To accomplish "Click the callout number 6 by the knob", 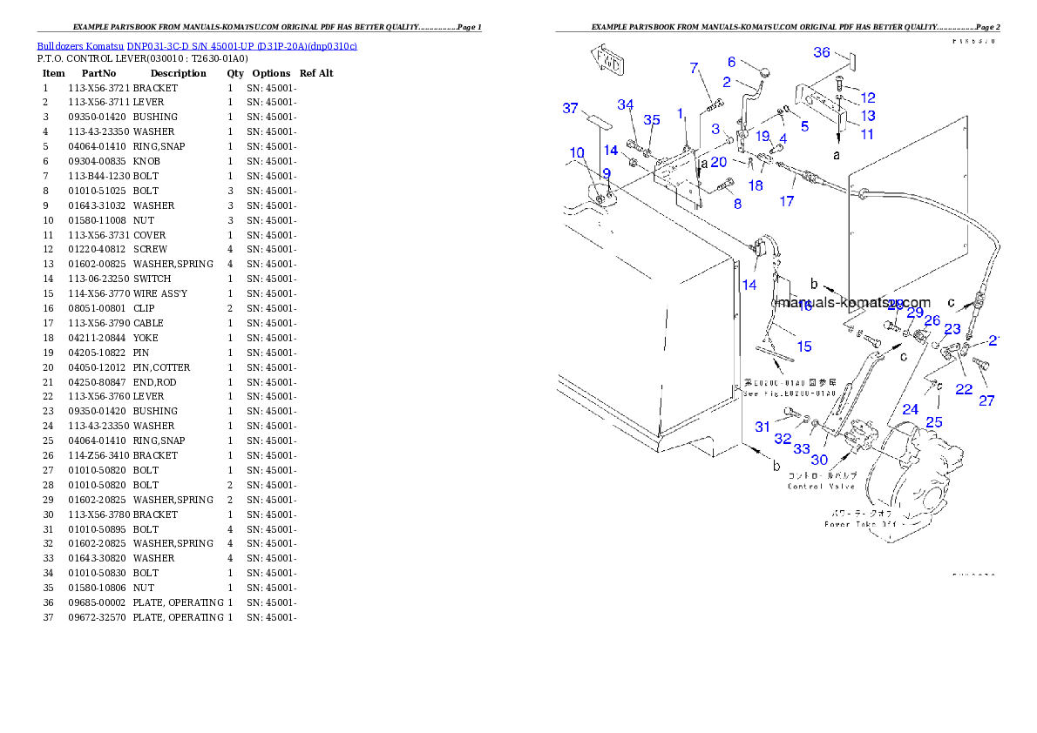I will (732, 62).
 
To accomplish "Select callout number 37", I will (570, 109).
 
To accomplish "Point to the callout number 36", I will (822, 52).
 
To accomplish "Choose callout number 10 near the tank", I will (577, 153).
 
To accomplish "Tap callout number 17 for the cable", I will (787, 201).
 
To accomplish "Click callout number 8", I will (737, 204).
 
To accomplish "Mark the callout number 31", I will (762, 427).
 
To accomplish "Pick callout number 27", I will (986, 401).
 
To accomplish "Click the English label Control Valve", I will (821, 486).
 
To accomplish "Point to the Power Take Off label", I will (859, 524).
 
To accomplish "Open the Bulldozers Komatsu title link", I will (197, 45).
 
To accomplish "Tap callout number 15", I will (803, 346).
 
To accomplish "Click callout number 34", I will (626, 105).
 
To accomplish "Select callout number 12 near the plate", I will (868, 98).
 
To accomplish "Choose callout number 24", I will (910, 408).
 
